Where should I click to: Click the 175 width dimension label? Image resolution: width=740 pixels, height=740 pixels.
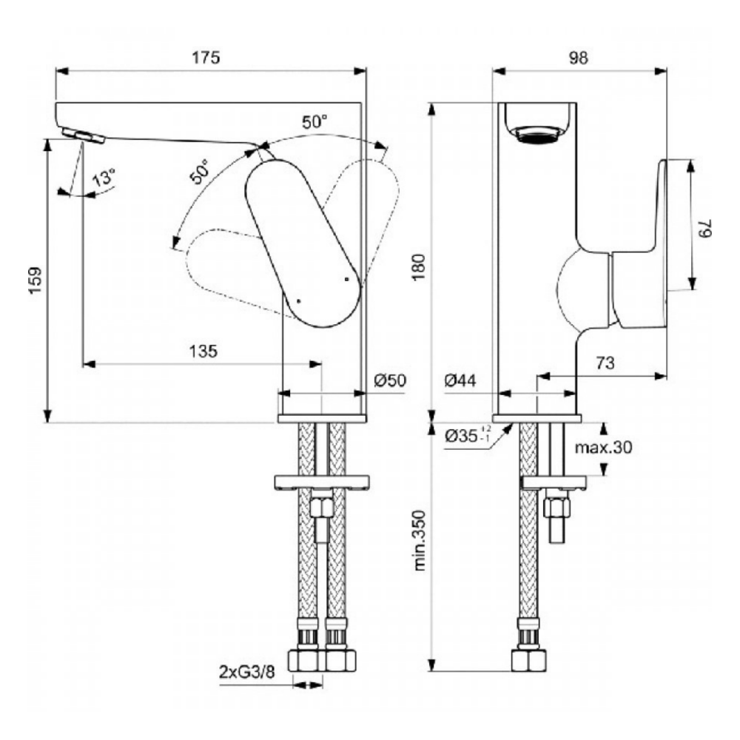click(x=205, y=58)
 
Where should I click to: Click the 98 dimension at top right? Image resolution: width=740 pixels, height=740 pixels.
click(x=578, y=58)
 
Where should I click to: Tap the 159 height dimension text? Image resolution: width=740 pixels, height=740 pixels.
click(x=36, y=280)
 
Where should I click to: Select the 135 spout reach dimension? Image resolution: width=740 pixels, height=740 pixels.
click(x=203, y=351)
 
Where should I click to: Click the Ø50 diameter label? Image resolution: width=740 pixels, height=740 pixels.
click(x=390, y=380)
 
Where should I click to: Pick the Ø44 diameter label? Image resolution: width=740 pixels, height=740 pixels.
click(x=460, y=380)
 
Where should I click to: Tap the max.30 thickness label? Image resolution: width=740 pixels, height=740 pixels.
click(x=603, y=447)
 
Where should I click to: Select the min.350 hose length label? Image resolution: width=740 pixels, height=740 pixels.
click(x=420, y=540)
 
